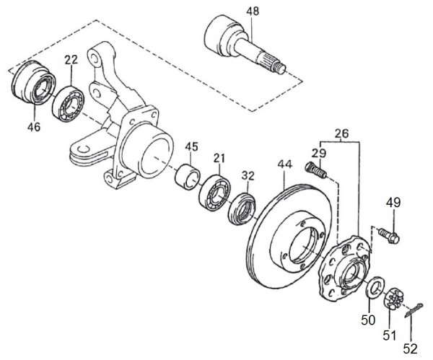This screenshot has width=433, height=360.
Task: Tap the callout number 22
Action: coord(71,61)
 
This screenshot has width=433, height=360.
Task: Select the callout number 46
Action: coord(35,128)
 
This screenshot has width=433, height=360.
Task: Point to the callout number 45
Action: coord(191,148)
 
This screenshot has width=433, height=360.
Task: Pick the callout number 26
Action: coord(341,133)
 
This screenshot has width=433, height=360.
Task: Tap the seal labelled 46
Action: coord(32,85)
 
